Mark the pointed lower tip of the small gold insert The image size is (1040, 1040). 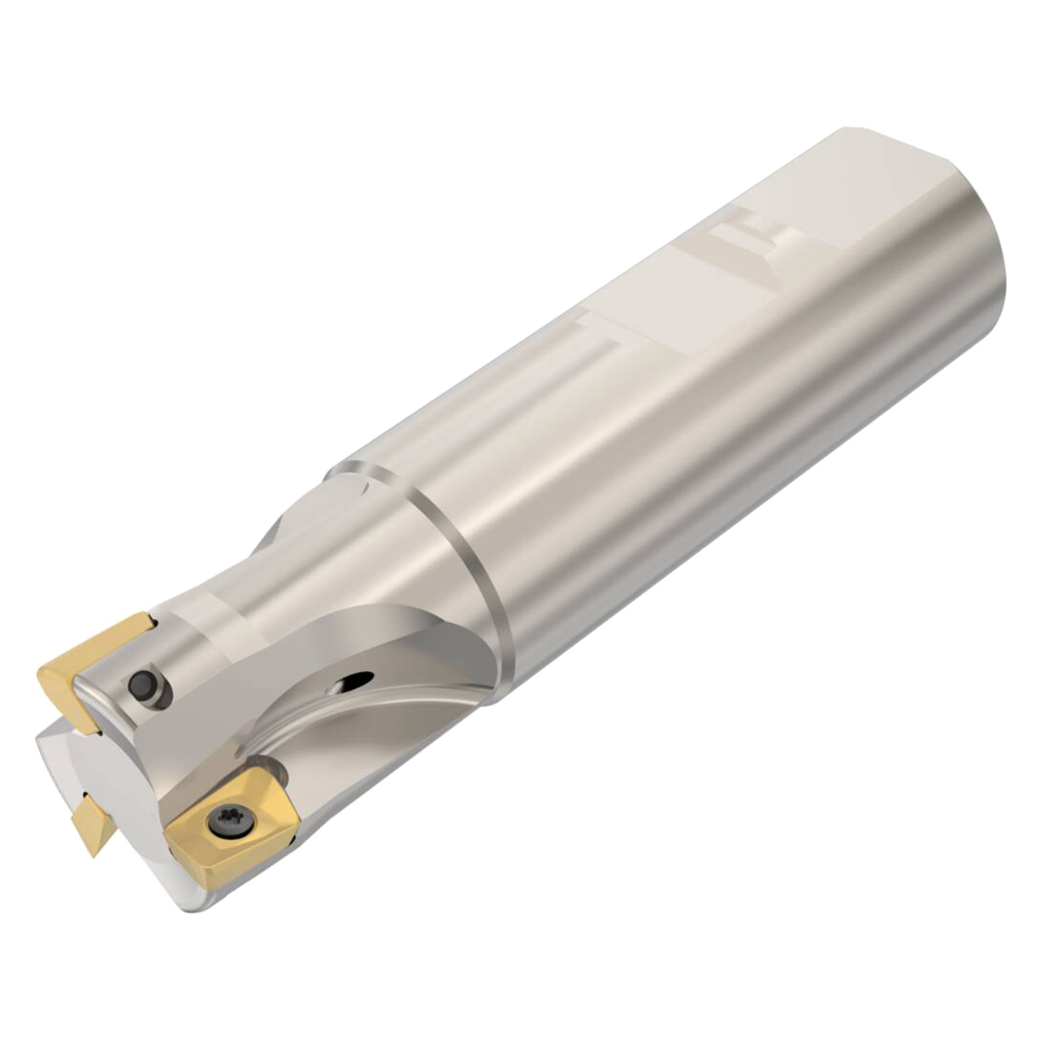[x=96, y=853]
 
